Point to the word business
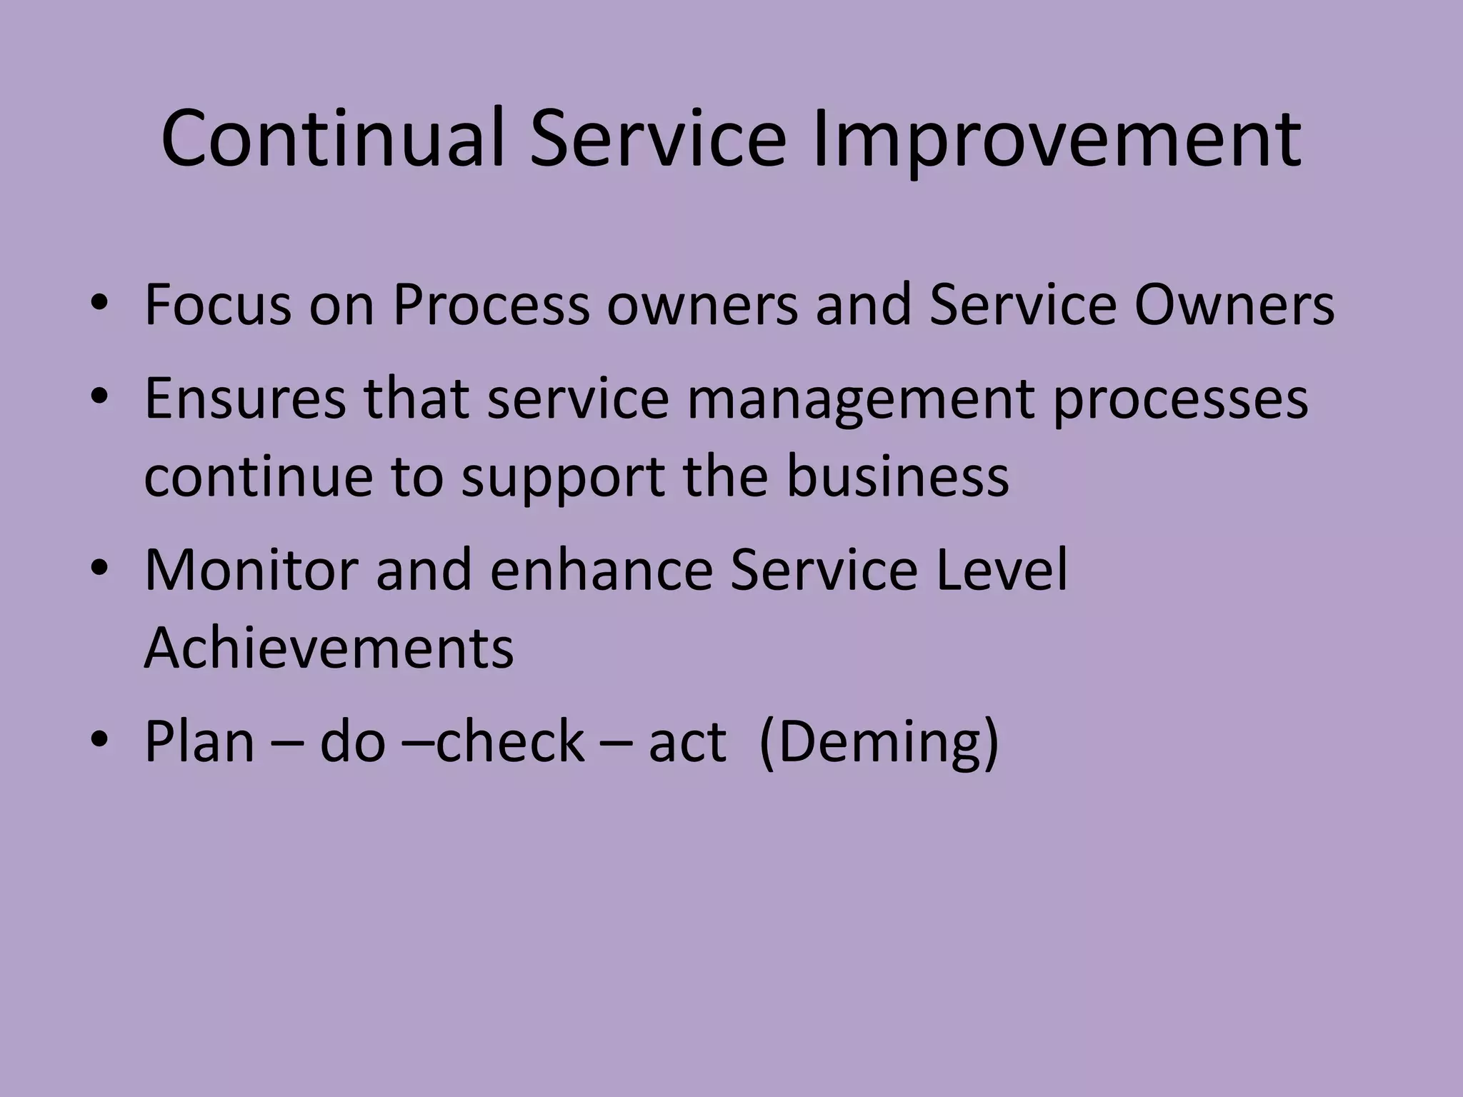pyautogui.click(x=897, y=476)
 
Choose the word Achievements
pyautogui.click(x=329, y=647)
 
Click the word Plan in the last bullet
pyautogui.click(x=199, y=741)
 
